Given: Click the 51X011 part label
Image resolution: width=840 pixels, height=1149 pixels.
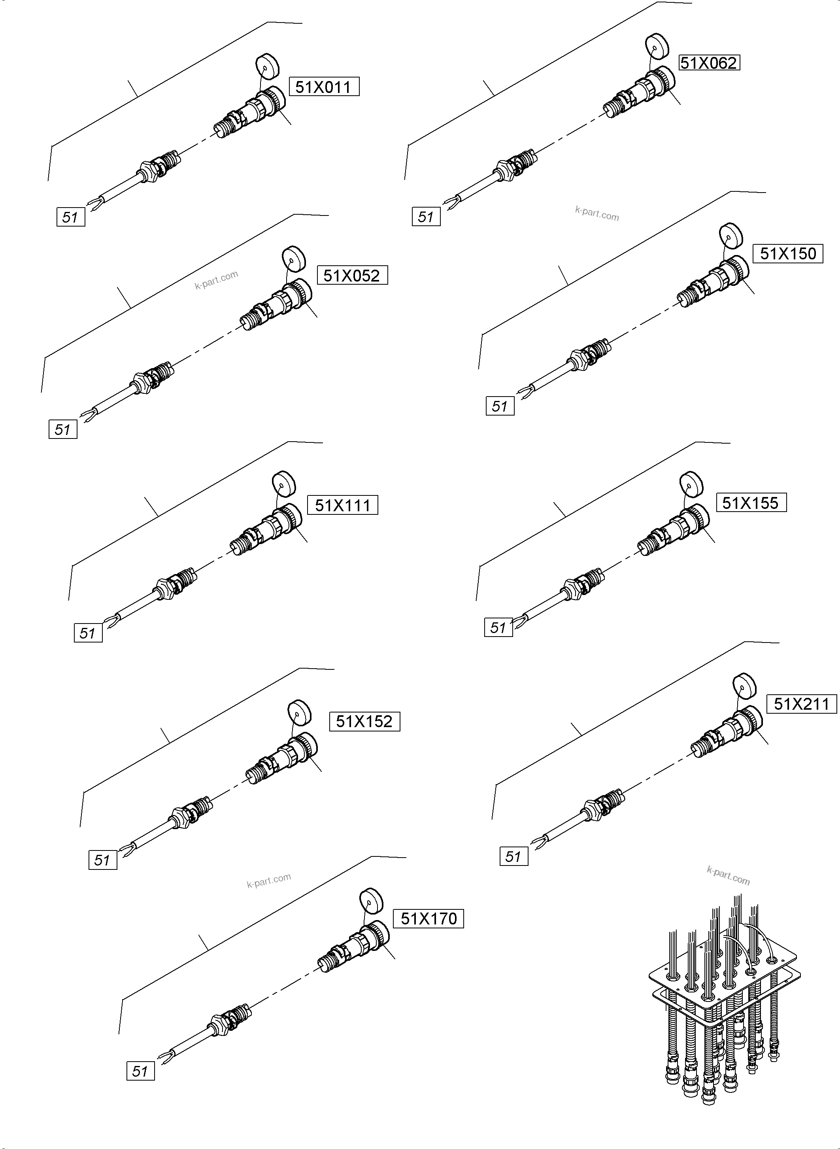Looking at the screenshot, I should click(324, 87).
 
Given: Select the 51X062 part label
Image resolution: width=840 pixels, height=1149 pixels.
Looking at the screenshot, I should click(709, 62).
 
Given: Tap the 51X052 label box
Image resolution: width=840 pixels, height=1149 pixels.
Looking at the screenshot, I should click(352, 275).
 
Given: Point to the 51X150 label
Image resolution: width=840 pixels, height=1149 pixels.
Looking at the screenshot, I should click(788, 253).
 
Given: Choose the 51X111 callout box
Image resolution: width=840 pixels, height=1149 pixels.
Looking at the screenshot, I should click(343, 505).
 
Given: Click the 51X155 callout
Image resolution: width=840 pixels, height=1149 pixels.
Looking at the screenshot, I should click(751, 503).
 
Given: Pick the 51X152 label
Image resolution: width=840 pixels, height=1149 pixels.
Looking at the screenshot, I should click(364, 721).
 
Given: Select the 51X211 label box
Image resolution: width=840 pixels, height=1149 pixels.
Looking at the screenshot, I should click(801, 704).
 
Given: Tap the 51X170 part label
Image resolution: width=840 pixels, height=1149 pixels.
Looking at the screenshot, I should click(428, 918).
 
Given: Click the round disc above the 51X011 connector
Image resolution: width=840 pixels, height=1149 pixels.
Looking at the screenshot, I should click(268, 66).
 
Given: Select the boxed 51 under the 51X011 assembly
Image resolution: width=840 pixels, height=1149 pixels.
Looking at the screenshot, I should click(70, 217).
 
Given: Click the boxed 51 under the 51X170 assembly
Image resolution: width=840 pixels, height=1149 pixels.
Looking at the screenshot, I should click(140, 1072).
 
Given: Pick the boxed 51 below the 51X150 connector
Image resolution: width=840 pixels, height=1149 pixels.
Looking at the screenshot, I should click(500, 406).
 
